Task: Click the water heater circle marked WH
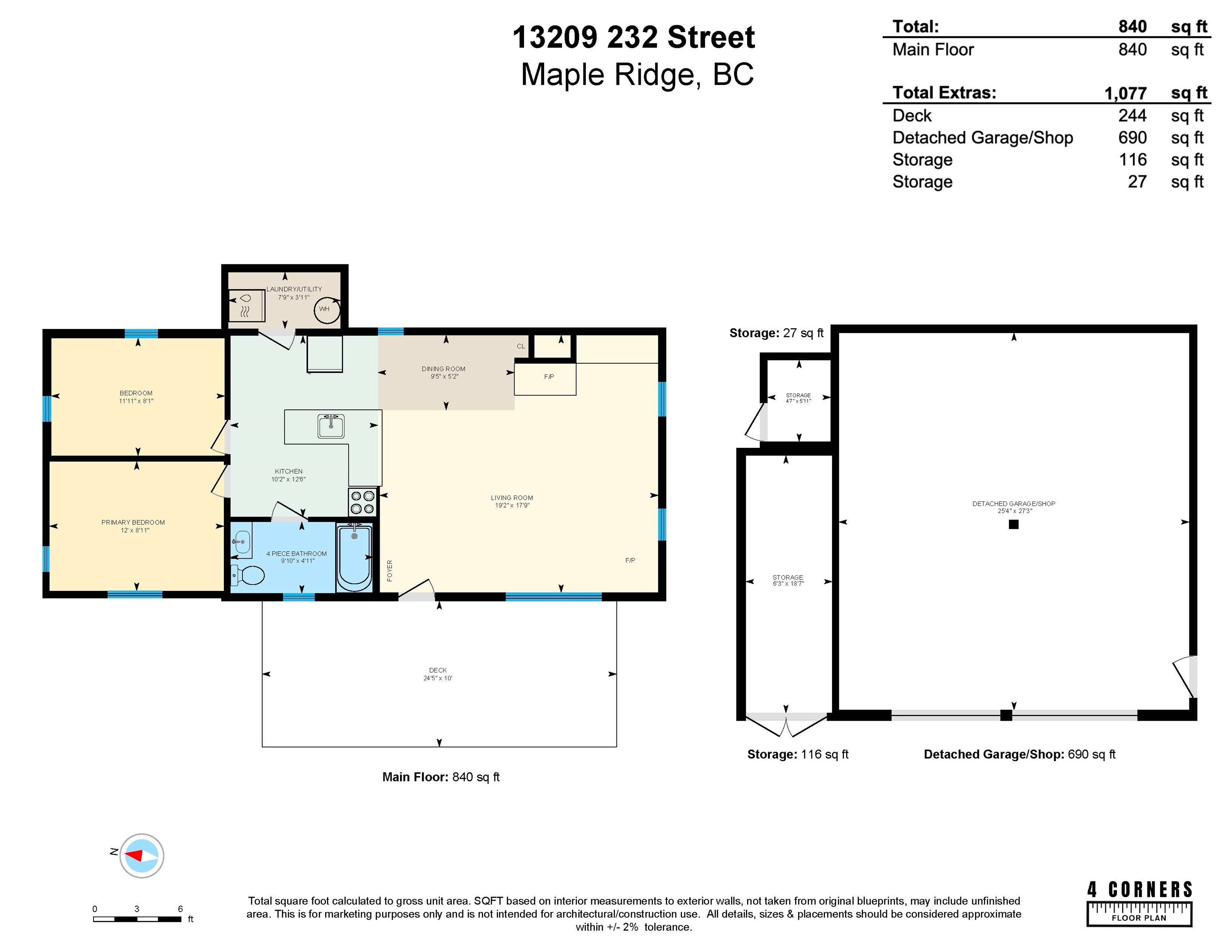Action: point(327,309)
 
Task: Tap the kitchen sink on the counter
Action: point(331,426)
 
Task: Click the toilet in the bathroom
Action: point(248,576)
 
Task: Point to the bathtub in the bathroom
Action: point(354,557)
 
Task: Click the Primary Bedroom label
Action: point(133,522)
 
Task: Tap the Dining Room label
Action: point(444,369)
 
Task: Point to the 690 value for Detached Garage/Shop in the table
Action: point(1132,137)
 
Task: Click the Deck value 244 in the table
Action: point(1132,115)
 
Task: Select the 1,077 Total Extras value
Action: point(1126,93)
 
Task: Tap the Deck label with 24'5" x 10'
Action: point(438,674)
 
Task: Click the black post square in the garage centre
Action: point(1013,524)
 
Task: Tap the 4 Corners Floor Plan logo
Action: point(1140,903)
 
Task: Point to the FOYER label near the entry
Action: point(390,571)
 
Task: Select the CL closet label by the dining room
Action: point(521,346)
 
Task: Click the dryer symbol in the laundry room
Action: point(246,306)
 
